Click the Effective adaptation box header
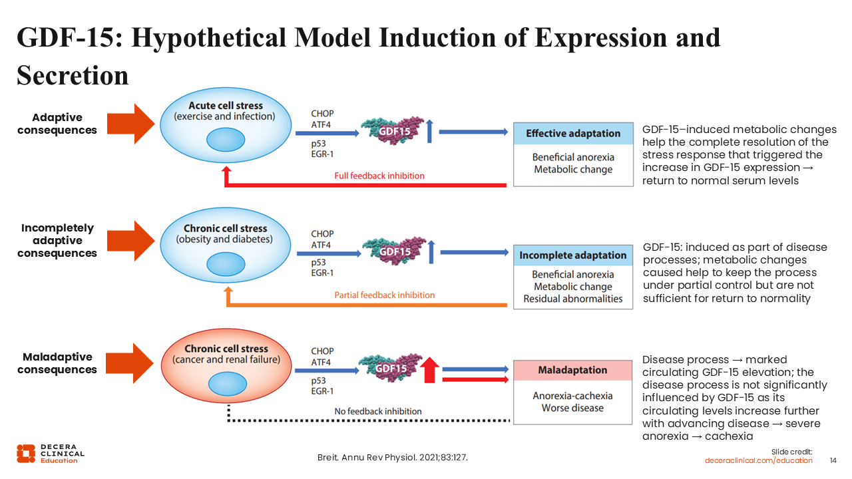point(572,133)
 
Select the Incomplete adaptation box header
point(572,255)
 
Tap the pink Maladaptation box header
point(572,370)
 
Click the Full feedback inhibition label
point(379,176)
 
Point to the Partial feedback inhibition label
point(384,295)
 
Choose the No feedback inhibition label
point(378,411)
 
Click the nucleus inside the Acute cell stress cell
point(226,140)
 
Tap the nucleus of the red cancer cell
point(226,383)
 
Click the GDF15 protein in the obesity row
point(393,251)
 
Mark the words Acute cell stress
point(226,106)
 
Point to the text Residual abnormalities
point(572,299)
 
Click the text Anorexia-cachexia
point(572,396)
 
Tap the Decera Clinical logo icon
point(26,453)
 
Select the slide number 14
point(833,460)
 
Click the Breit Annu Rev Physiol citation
point(397,458)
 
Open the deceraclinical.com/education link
point(759,460)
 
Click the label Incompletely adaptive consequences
point(57,240)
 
